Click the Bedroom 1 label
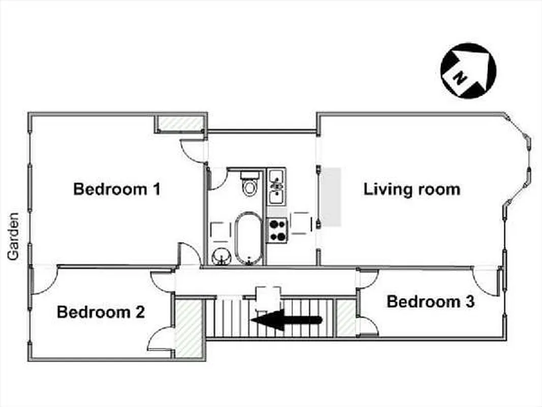click(x=117, y=189)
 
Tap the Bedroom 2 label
click(x=101, y=312)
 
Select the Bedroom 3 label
click(x=431, y=301)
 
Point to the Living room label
click(x=412, y=189)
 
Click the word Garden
click(x=13, y=236)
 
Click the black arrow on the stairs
click(x=287, y=320)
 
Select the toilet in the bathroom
click(x=250, y=184)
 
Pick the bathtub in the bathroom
click(x=248, y=238)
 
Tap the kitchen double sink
click(x=277, y=186)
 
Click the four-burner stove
click(x=278, y=230)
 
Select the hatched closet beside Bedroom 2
click(x=189, y=328)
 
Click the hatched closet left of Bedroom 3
click(x=346, y=318)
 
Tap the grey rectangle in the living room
click(x=329, y=197)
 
